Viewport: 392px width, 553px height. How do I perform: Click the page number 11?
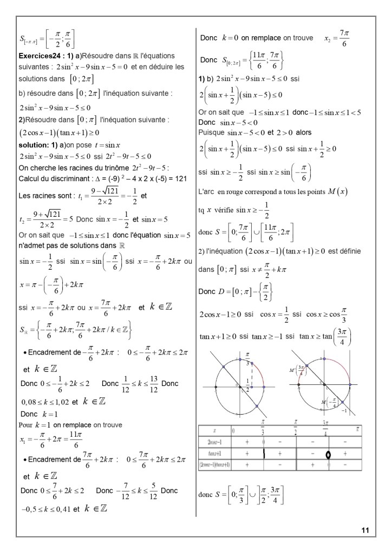[x=365, y=531]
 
